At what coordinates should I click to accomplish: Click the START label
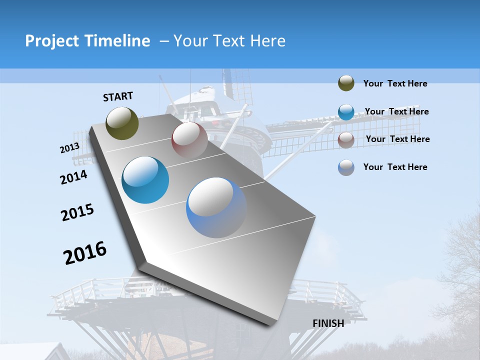pos(118,96)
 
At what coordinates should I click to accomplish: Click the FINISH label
pos(328,323)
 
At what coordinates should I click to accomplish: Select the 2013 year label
pos(69,148)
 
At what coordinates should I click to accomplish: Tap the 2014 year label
pos(73,177)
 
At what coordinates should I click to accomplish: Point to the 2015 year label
pos(77,212)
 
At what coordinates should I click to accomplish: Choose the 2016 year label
pos(85,253)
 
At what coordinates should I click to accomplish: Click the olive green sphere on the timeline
pos(122,123)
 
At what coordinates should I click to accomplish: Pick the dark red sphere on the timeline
pos(189,139)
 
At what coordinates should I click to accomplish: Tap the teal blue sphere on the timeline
pos(145,180)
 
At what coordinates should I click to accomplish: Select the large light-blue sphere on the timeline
pos(216,207)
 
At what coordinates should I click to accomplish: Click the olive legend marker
pos(346,83)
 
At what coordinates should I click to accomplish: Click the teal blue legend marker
pos(346,112)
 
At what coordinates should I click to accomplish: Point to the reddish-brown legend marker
pos(346,140)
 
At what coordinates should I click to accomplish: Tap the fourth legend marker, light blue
pos(346,167)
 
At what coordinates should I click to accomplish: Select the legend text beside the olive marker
pos(395,83)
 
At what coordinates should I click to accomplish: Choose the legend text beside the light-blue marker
pos(395,167)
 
